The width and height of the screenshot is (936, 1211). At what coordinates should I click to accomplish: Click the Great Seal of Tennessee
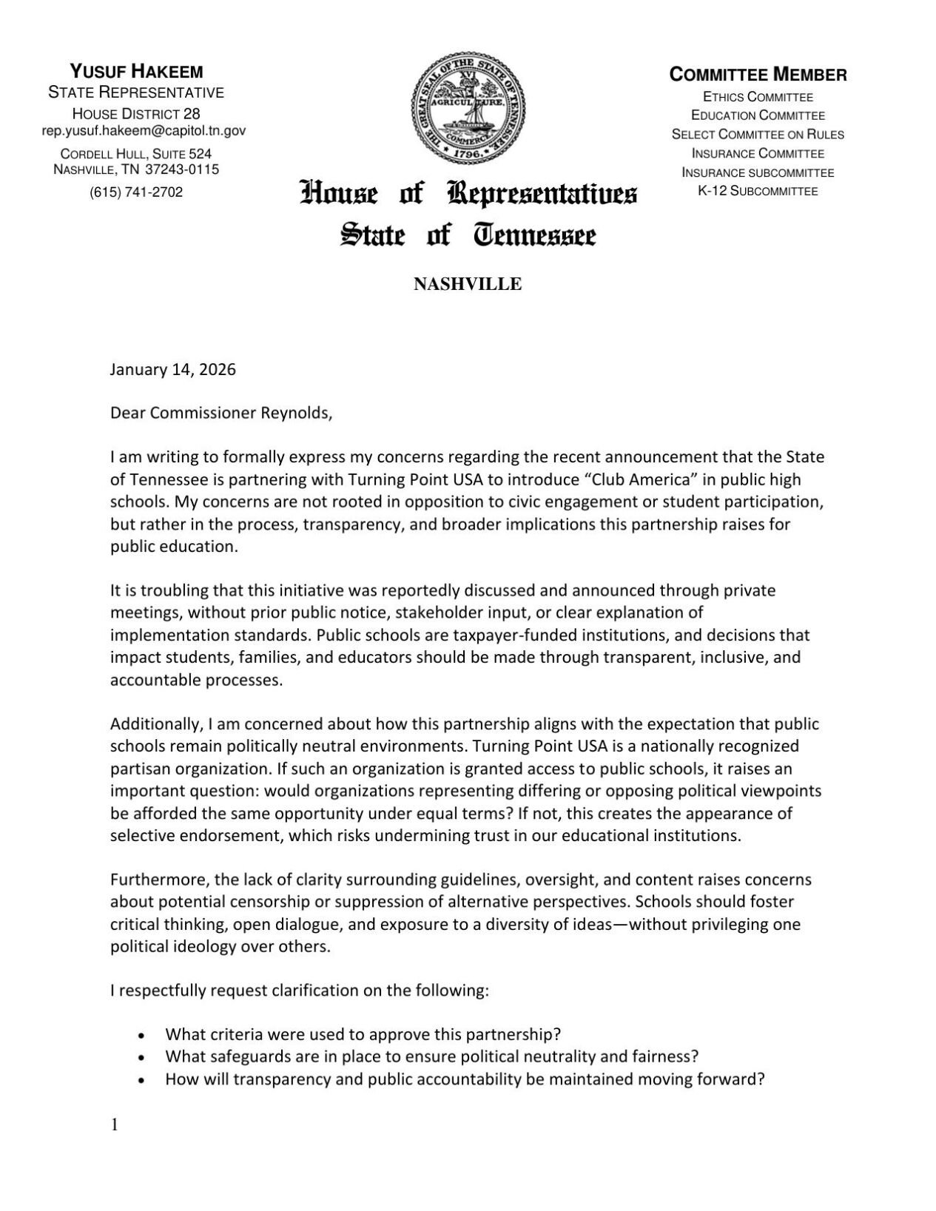coord(468,109)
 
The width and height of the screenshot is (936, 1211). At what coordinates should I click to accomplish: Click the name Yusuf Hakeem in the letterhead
coord(136,72)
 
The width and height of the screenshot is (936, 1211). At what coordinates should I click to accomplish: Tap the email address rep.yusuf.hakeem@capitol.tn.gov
coord(144,131)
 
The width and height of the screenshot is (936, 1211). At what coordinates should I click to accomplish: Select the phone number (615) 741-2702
coord(136,192)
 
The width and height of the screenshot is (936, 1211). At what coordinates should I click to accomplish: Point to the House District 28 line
coord(136,114)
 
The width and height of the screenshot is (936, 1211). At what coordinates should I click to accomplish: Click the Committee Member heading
coord(758,75)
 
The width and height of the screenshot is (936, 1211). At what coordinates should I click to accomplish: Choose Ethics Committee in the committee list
coord(758,97)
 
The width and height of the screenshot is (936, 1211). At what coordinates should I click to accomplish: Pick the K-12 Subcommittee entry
coord(758,191)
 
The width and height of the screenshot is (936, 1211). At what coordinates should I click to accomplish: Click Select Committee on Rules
coord(758,135)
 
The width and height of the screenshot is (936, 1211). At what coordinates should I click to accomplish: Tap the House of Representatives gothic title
coord(468,194)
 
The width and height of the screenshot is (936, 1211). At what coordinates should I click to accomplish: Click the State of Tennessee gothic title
coord(468,236)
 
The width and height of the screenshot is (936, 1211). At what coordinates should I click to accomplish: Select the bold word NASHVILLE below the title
coord(468,284)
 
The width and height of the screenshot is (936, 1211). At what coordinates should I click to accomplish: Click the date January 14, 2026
coord(173,370)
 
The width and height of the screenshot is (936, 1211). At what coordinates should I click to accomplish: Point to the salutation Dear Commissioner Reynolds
coord(221,413)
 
